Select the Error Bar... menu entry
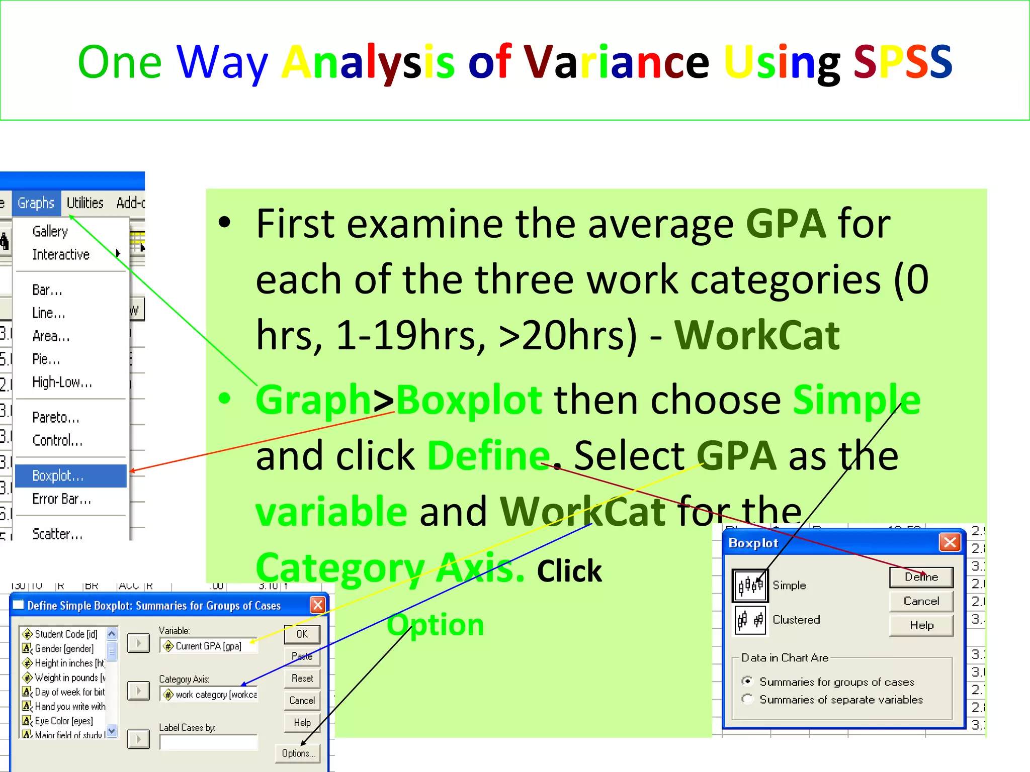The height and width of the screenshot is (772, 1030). click(61, 499)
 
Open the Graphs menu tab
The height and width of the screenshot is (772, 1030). click(36, 203)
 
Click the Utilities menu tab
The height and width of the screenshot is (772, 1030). click(85, 203)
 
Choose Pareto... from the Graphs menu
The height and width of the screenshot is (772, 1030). click(56, 417)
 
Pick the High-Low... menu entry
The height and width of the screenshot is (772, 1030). click(62, 382)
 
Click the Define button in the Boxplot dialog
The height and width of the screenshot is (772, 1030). click(921, 577)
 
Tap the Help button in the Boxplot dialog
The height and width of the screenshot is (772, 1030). click(921, 625)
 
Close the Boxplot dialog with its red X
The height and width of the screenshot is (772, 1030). click(950, 542)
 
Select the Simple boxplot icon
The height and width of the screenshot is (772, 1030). click(750, 586)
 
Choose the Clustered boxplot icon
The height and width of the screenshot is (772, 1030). click(750, 620)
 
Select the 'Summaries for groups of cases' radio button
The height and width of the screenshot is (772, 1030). click(747, 682)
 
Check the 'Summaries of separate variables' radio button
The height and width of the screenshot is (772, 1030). click(747, 699)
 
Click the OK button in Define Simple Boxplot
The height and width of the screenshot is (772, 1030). click(302, 634)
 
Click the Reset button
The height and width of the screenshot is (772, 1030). click(302, 679)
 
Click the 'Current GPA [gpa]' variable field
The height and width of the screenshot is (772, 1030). click(208, 646)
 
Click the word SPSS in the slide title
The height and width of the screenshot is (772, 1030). click(903, 63)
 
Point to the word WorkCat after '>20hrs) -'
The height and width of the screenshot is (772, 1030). click(757, 335)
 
